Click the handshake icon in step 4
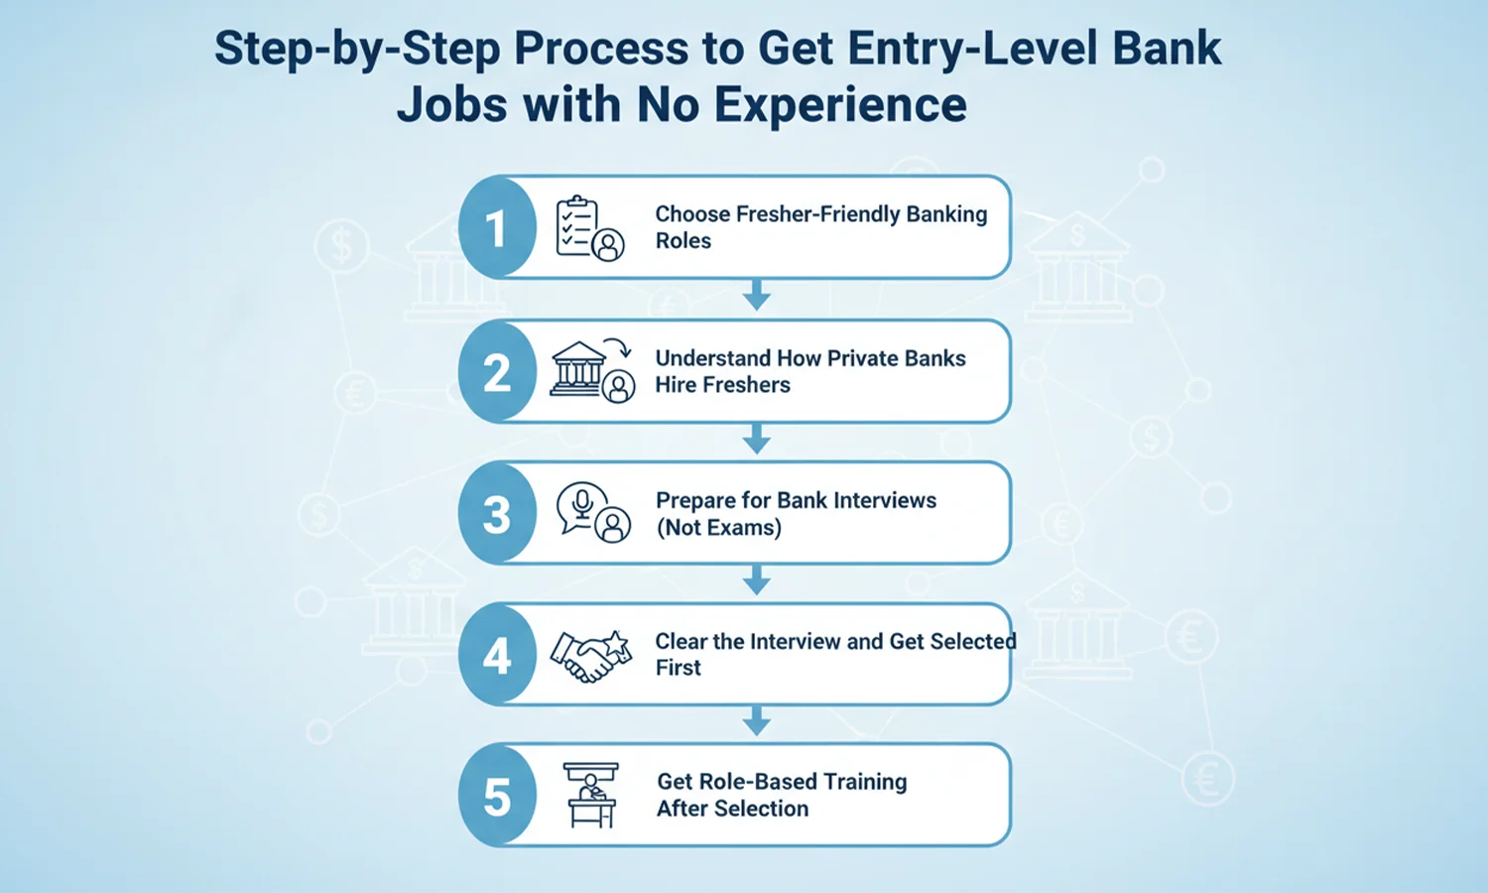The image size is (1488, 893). click(591, 656)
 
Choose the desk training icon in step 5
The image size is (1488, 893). click(591, 795)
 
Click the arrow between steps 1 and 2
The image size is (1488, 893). click(757, 296)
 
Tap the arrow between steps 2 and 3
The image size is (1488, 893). click(757, 439)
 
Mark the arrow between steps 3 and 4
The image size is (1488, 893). click(757, 580)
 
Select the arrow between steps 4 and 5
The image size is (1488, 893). click(757, 721)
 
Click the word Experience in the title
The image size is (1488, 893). click(840, 104)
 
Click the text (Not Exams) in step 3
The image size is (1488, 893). click(718, 528)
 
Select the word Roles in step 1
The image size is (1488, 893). click(683, 241)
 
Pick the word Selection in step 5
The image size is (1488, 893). click(760, 809)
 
